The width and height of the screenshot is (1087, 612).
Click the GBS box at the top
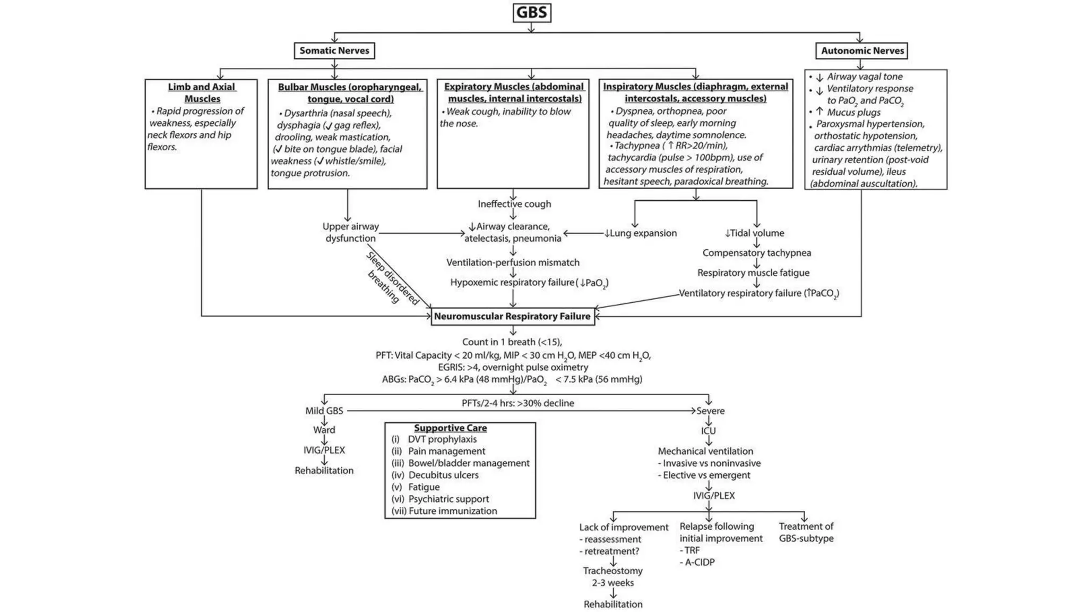tap(531, 13)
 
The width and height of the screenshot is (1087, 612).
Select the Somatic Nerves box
tap(334, 50)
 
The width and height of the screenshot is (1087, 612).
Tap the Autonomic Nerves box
tap(862, 50)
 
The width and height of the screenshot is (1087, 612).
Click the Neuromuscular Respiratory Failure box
tap(512, 316)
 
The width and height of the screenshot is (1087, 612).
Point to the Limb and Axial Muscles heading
tap(202, 92)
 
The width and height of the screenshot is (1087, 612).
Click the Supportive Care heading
tap(450, 428)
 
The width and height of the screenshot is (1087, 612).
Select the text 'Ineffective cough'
tap(514, 204)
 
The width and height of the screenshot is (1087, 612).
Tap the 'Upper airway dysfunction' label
tap(350, 232)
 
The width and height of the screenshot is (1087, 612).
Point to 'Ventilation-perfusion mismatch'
tap(513, 262)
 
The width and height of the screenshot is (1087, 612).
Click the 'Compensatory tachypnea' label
tap(756, 253)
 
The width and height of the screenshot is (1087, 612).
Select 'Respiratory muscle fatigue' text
tap(753, 273)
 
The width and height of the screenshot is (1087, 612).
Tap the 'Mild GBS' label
tap(324, 411)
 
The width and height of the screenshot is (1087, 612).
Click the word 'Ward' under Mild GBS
tap(324, 430)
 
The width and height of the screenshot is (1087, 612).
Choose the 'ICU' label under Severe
tap(708, 431)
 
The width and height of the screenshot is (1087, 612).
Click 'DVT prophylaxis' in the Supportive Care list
tap(442, 439)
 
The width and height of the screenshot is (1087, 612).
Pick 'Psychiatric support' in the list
tap(448, 499)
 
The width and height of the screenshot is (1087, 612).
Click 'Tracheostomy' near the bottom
tap(612, 571)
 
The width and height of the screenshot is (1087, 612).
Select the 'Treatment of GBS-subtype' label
tap(806, 532)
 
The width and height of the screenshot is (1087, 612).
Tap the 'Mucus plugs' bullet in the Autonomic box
tap(853, 112)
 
